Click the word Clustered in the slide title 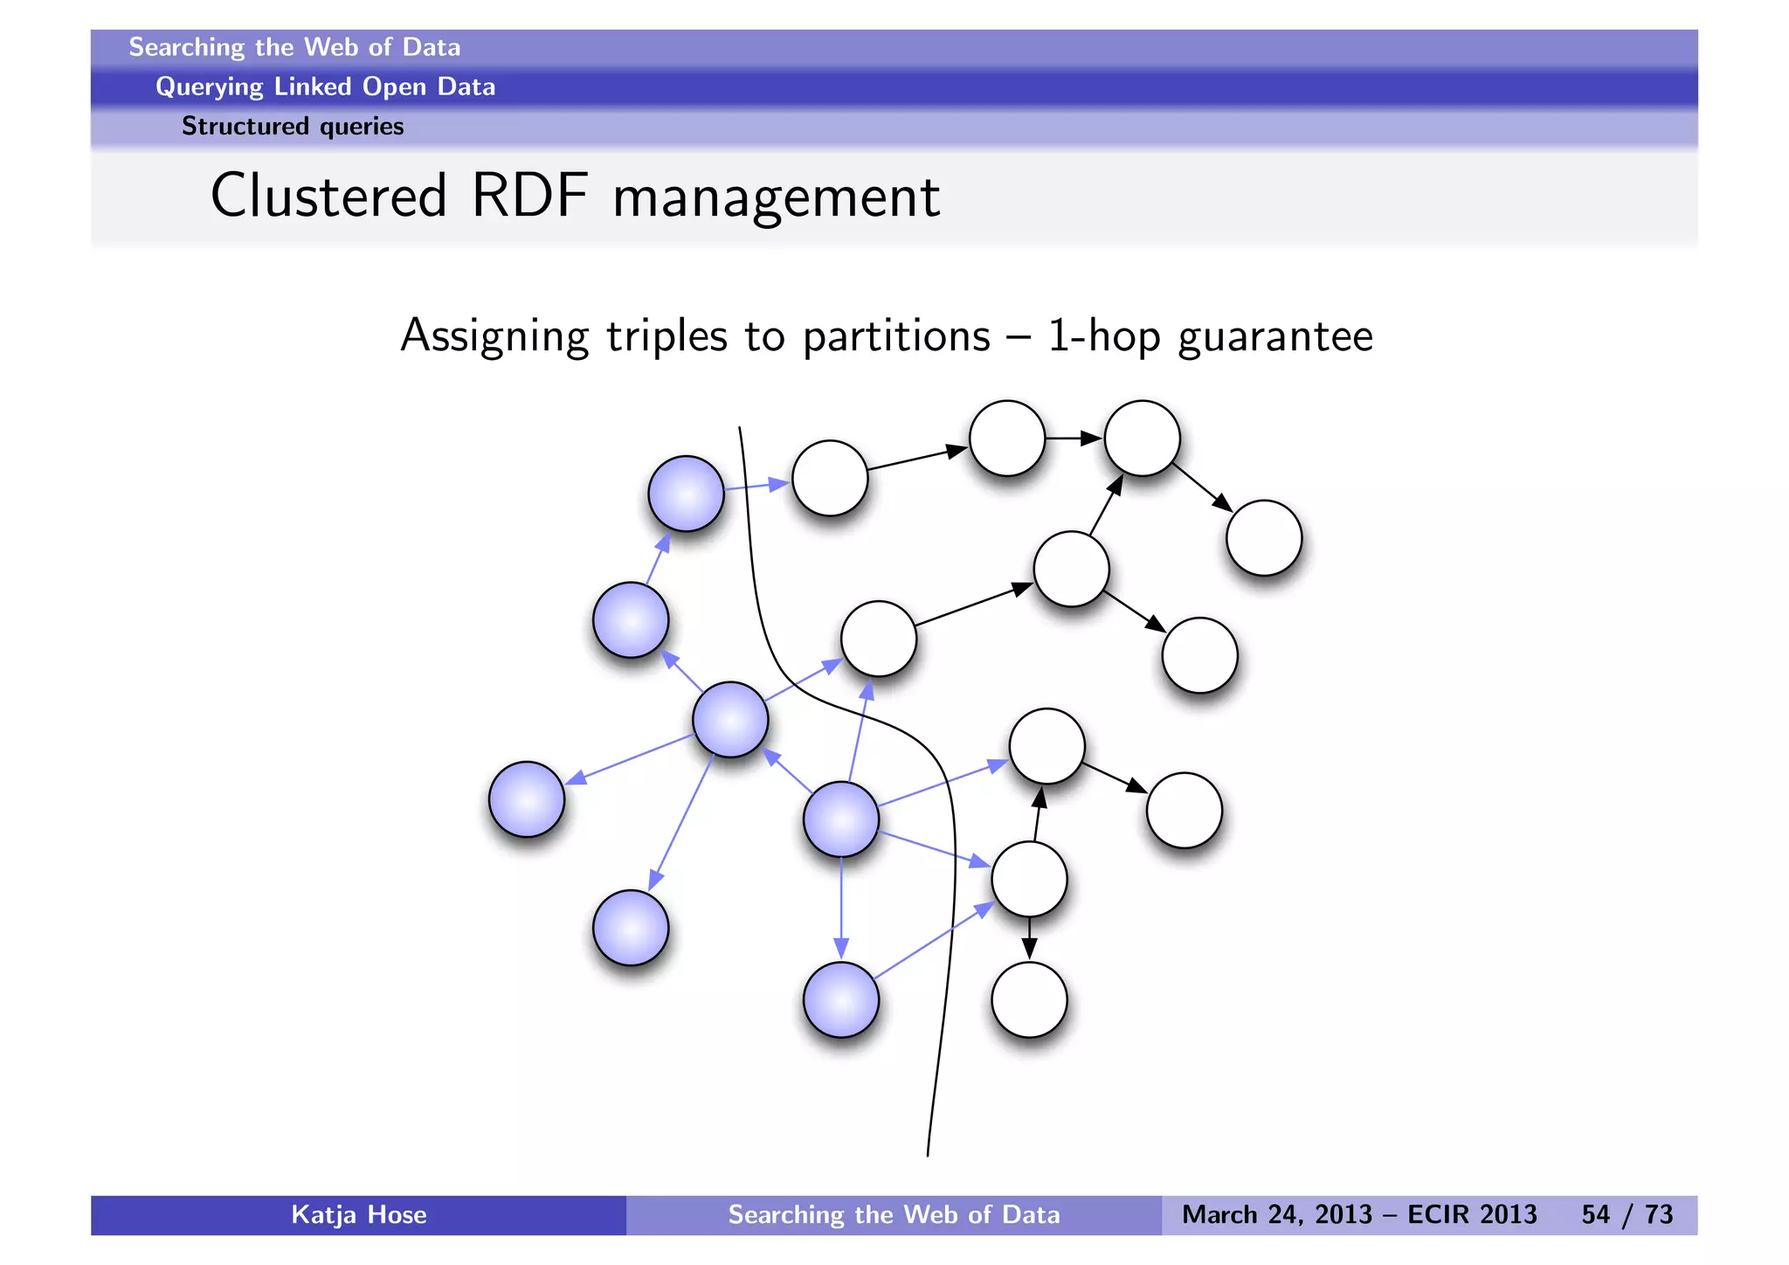pyautogui.click(x=328, y=196)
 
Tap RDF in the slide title pyautogui.click(x=529, y=196)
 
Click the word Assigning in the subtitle pyautogui.click(x=494, y=337)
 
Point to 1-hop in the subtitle pyautogui.click(x=1103, y=337)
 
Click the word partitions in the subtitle pyautogui.click(x=896, y=337)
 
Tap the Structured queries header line pyautogui.click(x=293, y=127)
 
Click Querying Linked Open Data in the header pyautogui.click(x=325, y=86)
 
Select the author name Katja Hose pyautogui.click(x=358, y=1214)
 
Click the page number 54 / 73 pyautogui.click(x=1627, y=1214)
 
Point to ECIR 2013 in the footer pyautogui.click(x=1472, y=1214)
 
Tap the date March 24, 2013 pyautogui.click(x=1278, y=1214)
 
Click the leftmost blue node pyautogui.click(x=527, y=799)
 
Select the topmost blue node pyautogui.click(x=687, y=494)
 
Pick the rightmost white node pyautogui.click(x=1264, y=538)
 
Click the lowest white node pyautogui.click(x=1030, y=999)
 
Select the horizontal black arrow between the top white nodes pyautogui.click(x=1074, y=438)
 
